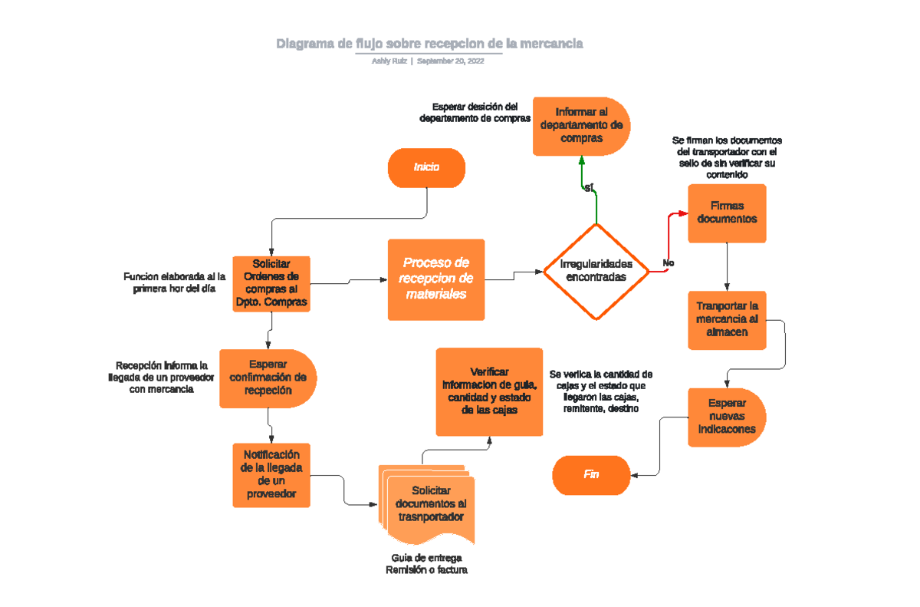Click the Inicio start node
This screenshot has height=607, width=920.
[426, 167]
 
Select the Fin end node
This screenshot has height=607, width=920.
[591, 475]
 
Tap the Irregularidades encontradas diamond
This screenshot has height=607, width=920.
[596, 271]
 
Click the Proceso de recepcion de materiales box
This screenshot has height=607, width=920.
[436, 279]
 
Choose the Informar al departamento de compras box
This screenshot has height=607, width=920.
[581, 126]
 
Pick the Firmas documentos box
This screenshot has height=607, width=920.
[727, 213]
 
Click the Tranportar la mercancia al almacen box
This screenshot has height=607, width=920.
[727, 319]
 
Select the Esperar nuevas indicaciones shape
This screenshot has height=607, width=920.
[726, 417]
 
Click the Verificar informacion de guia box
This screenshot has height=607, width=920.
[490, 391]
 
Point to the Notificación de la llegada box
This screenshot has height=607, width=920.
[271, 474]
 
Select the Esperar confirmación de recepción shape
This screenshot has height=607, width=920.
[268, 378]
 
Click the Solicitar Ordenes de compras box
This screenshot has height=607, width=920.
[271, 283]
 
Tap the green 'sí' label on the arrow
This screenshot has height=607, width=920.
[589, 188]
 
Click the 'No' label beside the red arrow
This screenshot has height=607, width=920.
[668, 263]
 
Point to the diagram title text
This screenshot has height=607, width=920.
[429, 44]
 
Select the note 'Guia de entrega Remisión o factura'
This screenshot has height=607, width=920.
[426, 564]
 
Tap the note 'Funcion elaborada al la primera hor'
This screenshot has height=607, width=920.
[174, 282]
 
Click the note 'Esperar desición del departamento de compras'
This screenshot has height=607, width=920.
[475, 113]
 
